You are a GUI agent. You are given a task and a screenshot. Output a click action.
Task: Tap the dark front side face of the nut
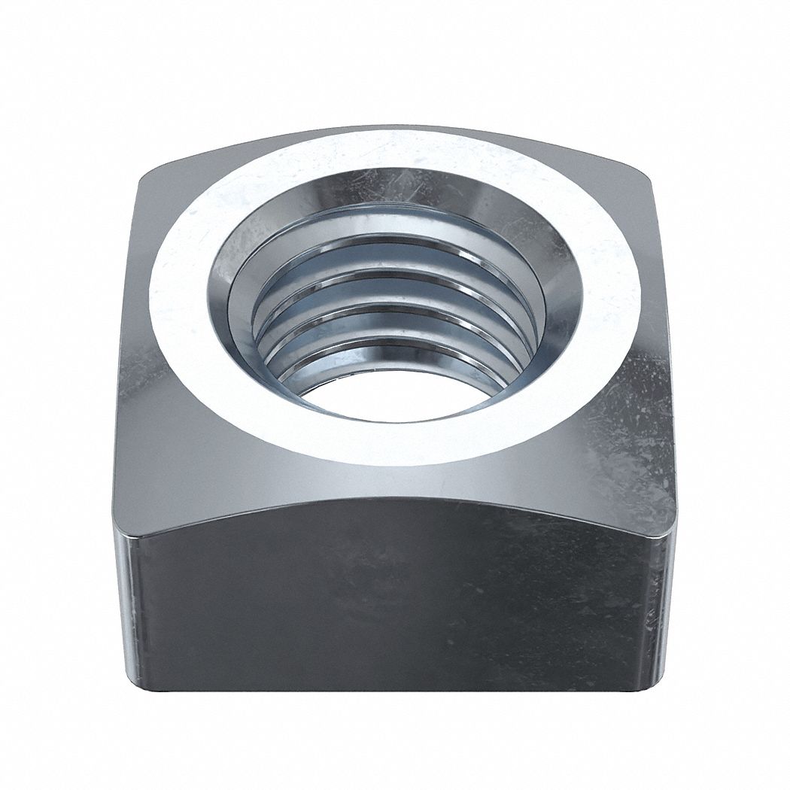pyautogui.click(x=391, y=602)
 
